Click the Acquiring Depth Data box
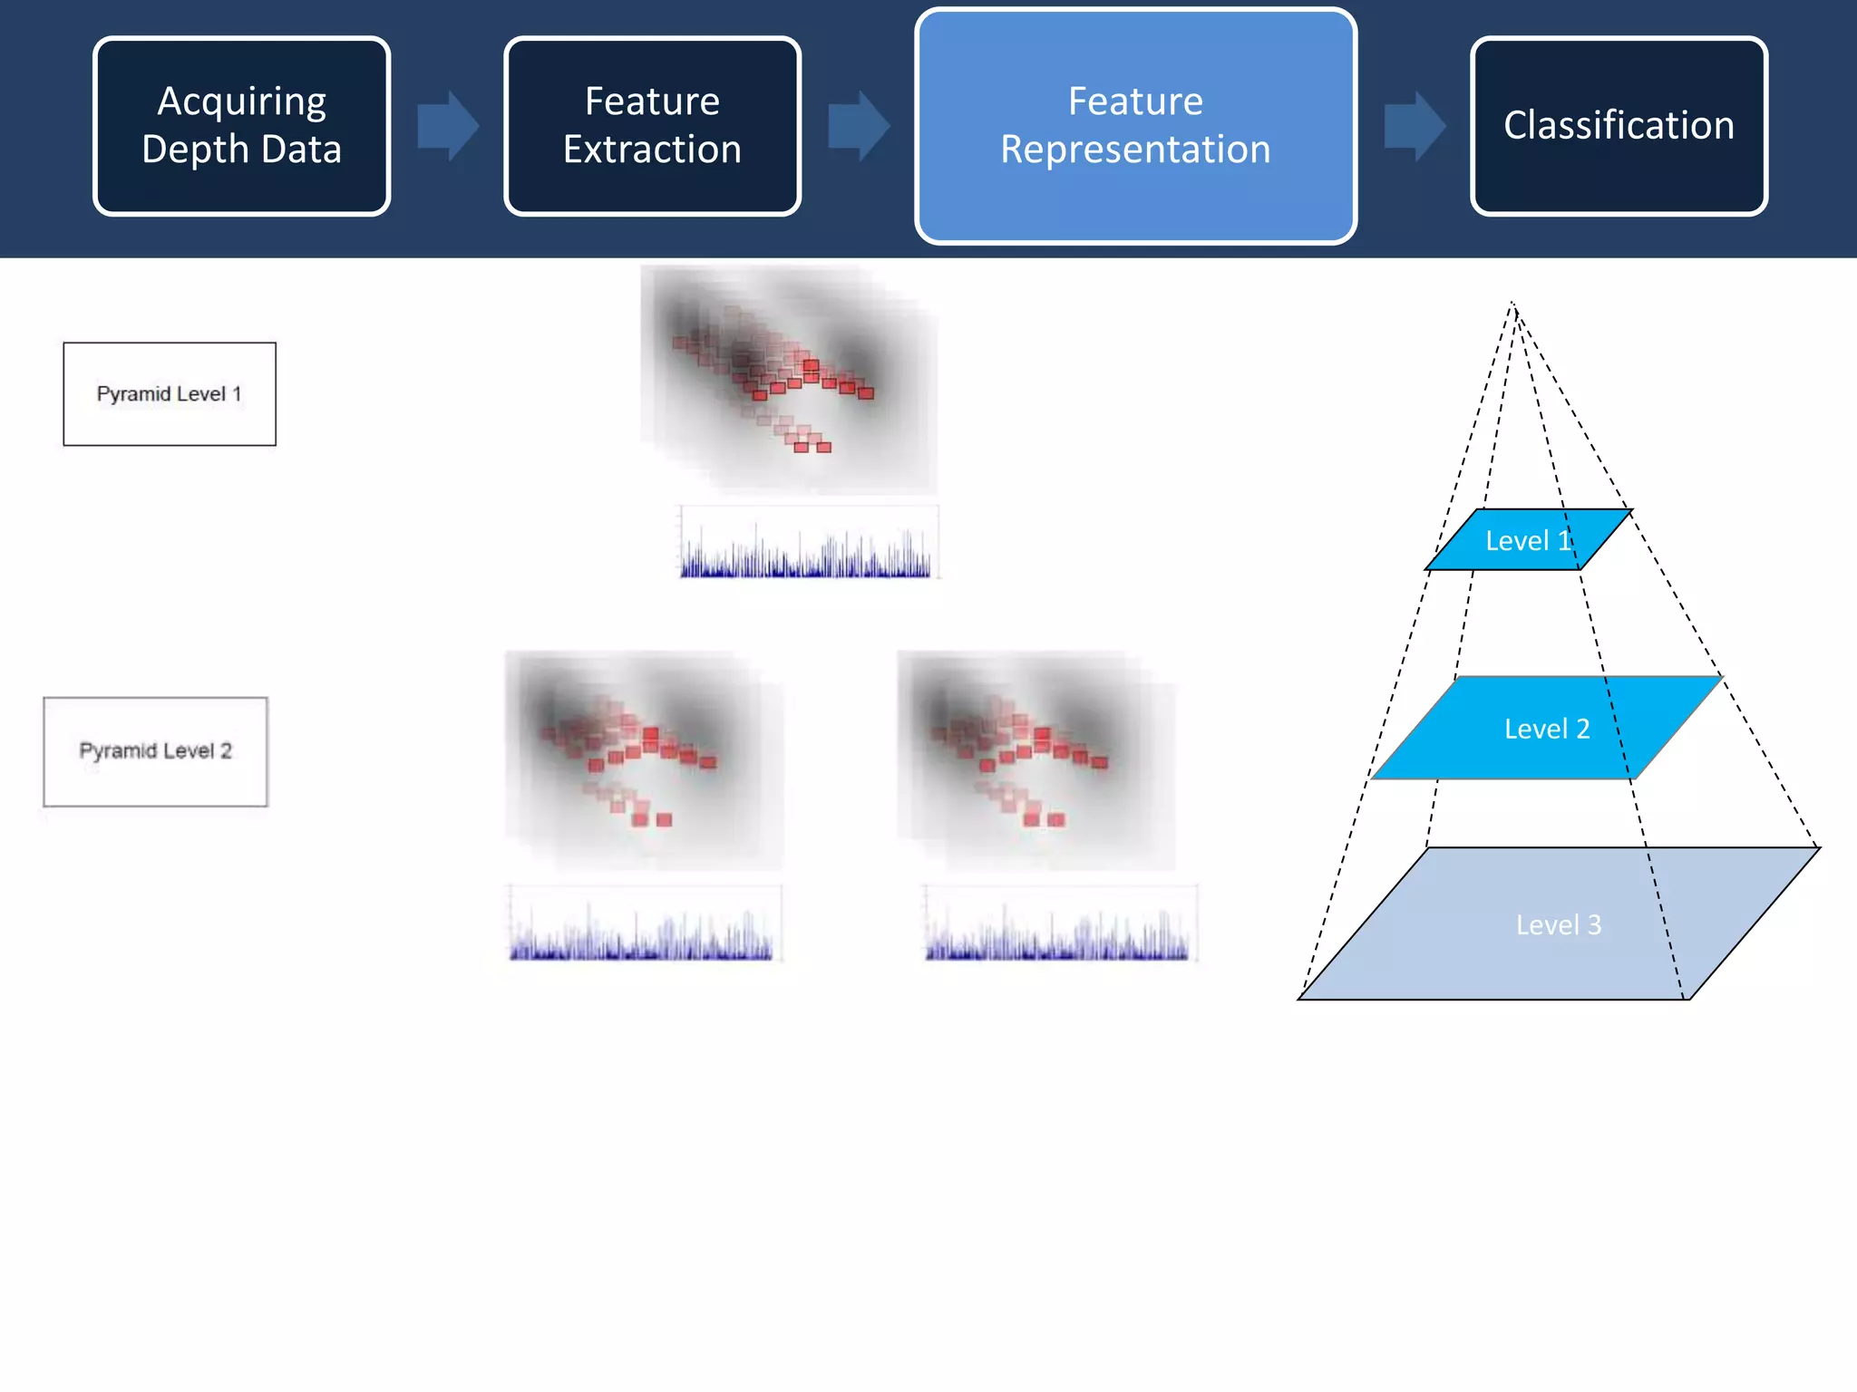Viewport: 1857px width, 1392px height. tap(241, 126)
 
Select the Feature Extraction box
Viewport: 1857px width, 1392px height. tap(652, 126)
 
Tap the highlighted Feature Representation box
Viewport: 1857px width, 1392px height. tap(1135, 126)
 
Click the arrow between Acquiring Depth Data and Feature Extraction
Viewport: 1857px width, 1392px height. tap(448, 126)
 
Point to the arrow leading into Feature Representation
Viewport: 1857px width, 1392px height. tap(859, 126)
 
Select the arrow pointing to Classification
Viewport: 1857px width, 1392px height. tap(1415, 126)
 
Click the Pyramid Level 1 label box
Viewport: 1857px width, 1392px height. tap(170, 394)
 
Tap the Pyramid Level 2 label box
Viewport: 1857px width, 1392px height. tap(155, 751)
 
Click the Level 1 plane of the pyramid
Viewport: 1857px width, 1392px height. tap(1529, 540)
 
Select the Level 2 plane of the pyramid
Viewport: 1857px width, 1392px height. tap(1546, 728)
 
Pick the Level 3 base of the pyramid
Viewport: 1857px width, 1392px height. tap(1558, 924)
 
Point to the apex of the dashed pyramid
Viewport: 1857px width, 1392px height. tap(1512, 304)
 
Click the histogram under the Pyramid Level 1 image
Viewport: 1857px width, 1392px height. tap(808, 544)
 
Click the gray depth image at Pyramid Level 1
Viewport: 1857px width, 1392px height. tap(788, 379)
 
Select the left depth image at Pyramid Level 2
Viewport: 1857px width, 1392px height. tap(643, 759)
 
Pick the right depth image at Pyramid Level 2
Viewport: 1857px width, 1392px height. tap(1035, 759)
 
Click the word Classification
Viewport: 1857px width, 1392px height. tap(1619, 125)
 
